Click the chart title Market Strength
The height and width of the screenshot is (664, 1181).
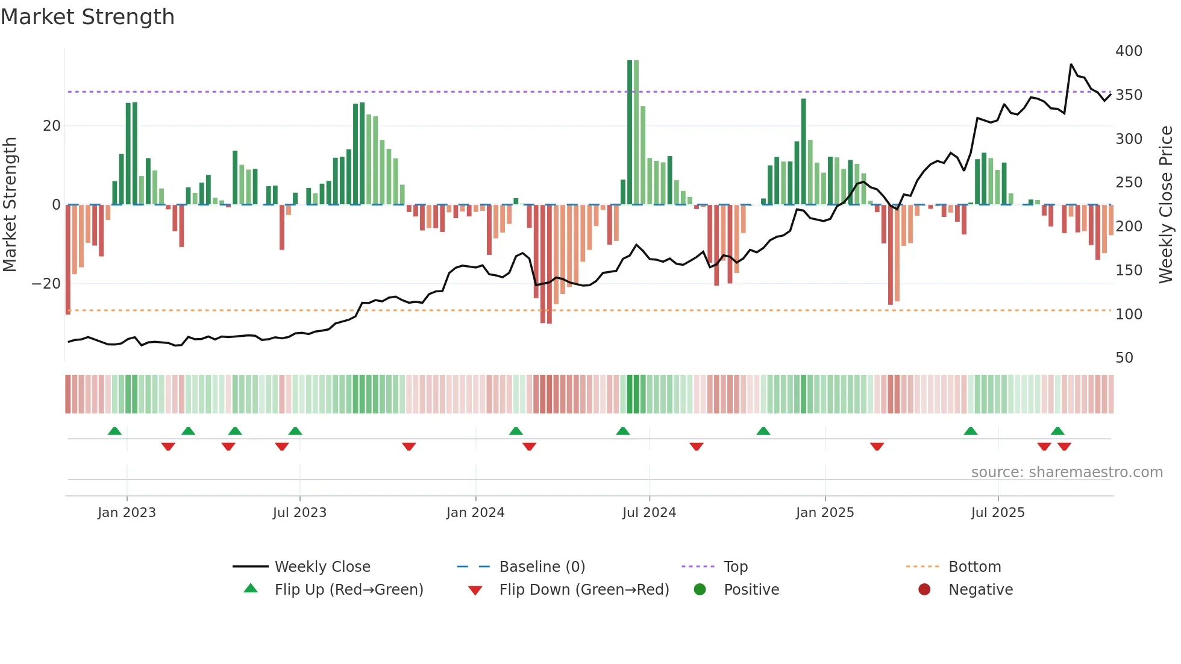pyautogui.click(x=87, y=17)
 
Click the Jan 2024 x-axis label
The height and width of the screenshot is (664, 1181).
pyautogui.click(x=475, y=513)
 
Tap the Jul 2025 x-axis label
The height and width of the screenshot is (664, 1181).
pyautogui.click(x=998, y=513)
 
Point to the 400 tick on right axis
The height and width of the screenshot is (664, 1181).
pyautogui.click(x=1129, y=51)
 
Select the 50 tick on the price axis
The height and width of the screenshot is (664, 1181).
pyautogui.click(x=1124, y=358)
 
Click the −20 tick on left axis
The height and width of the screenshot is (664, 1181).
pyautogui.click(x=46, y=284)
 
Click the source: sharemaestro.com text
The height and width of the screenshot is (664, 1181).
pyautogui.click(x=1067, y=472)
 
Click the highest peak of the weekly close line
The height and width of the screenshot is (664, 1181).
pyautogui.click(x=1071, y=64)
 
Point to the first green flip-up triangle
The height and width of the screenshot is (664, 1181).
pyautogui.click(x=114, y=431)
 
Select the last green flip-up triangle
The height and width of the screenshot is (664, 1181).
pyautogui.click(x=1057, y=431)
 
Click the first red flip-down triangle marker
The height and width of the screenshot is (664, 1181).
pyautogui.click(x=168, y=446)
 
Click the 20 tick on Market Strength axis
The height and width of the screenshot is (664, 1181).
pyautogui.click(x=52, y=126)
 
